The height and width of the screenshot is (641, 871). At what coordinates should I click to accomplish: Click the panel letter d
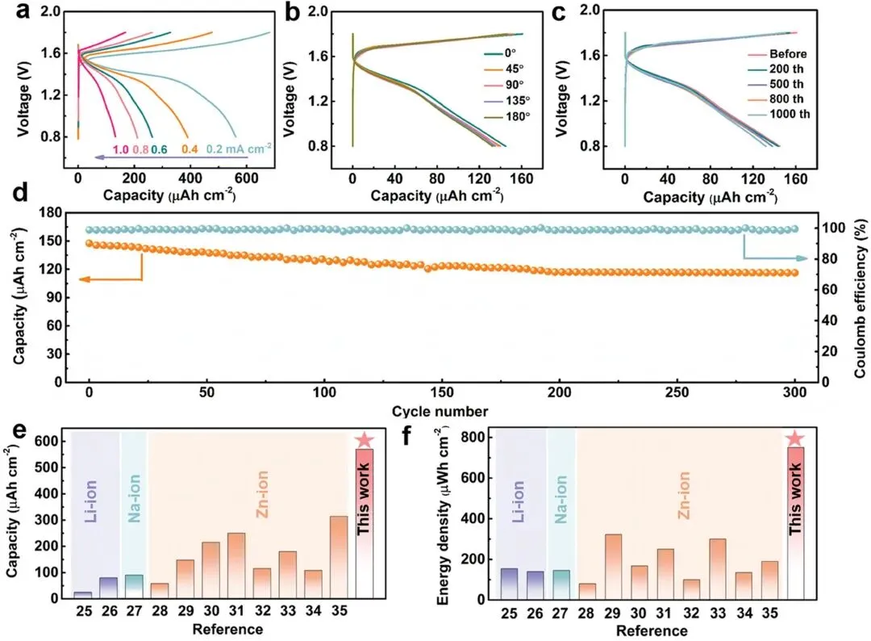20,194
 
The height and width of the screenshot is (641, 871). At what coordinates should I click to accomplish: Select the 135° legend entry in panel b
507,101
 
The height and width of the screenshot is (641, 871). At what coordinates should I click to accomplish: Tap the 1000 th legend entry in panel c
779,114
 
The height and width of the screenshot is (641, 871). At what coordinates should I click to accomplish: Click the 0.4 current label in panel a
190,149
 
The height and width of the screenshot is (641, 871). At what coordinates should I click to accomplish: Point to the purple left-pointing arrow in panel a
171,157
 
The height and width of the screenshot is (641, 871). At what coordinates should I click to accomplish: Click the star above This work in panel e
365,440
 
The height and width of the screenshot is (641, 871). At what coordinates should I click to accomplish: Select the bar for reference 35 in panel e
339,557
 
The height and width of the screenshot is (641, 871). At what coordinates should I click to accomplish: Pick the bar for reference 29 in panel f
613,567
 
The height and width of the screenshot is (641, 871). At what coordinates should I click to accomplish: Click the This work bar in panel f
795,523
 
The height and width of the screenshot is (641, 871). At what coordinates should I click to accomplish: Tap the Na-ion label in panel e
135,499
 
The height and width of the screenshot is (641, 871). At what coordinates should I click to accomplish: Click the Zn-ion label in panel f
684,496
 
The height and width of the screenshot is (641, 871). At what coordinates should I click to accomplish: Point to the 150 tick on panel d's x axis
442,392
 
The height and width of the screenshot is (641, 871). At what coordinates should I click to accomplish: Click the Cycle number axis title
440,412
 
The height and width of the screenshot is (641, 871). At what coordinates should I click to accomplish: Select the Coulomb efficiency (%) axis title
861,299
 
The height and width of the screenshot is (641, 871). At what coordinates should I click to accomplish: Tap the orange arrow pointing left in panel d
111,279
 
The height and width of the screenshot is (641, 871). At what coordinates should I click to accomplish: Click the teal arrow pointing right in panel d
776,258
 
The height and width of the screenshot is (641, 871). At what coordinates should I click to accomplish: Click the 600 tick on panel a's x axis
247,178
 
